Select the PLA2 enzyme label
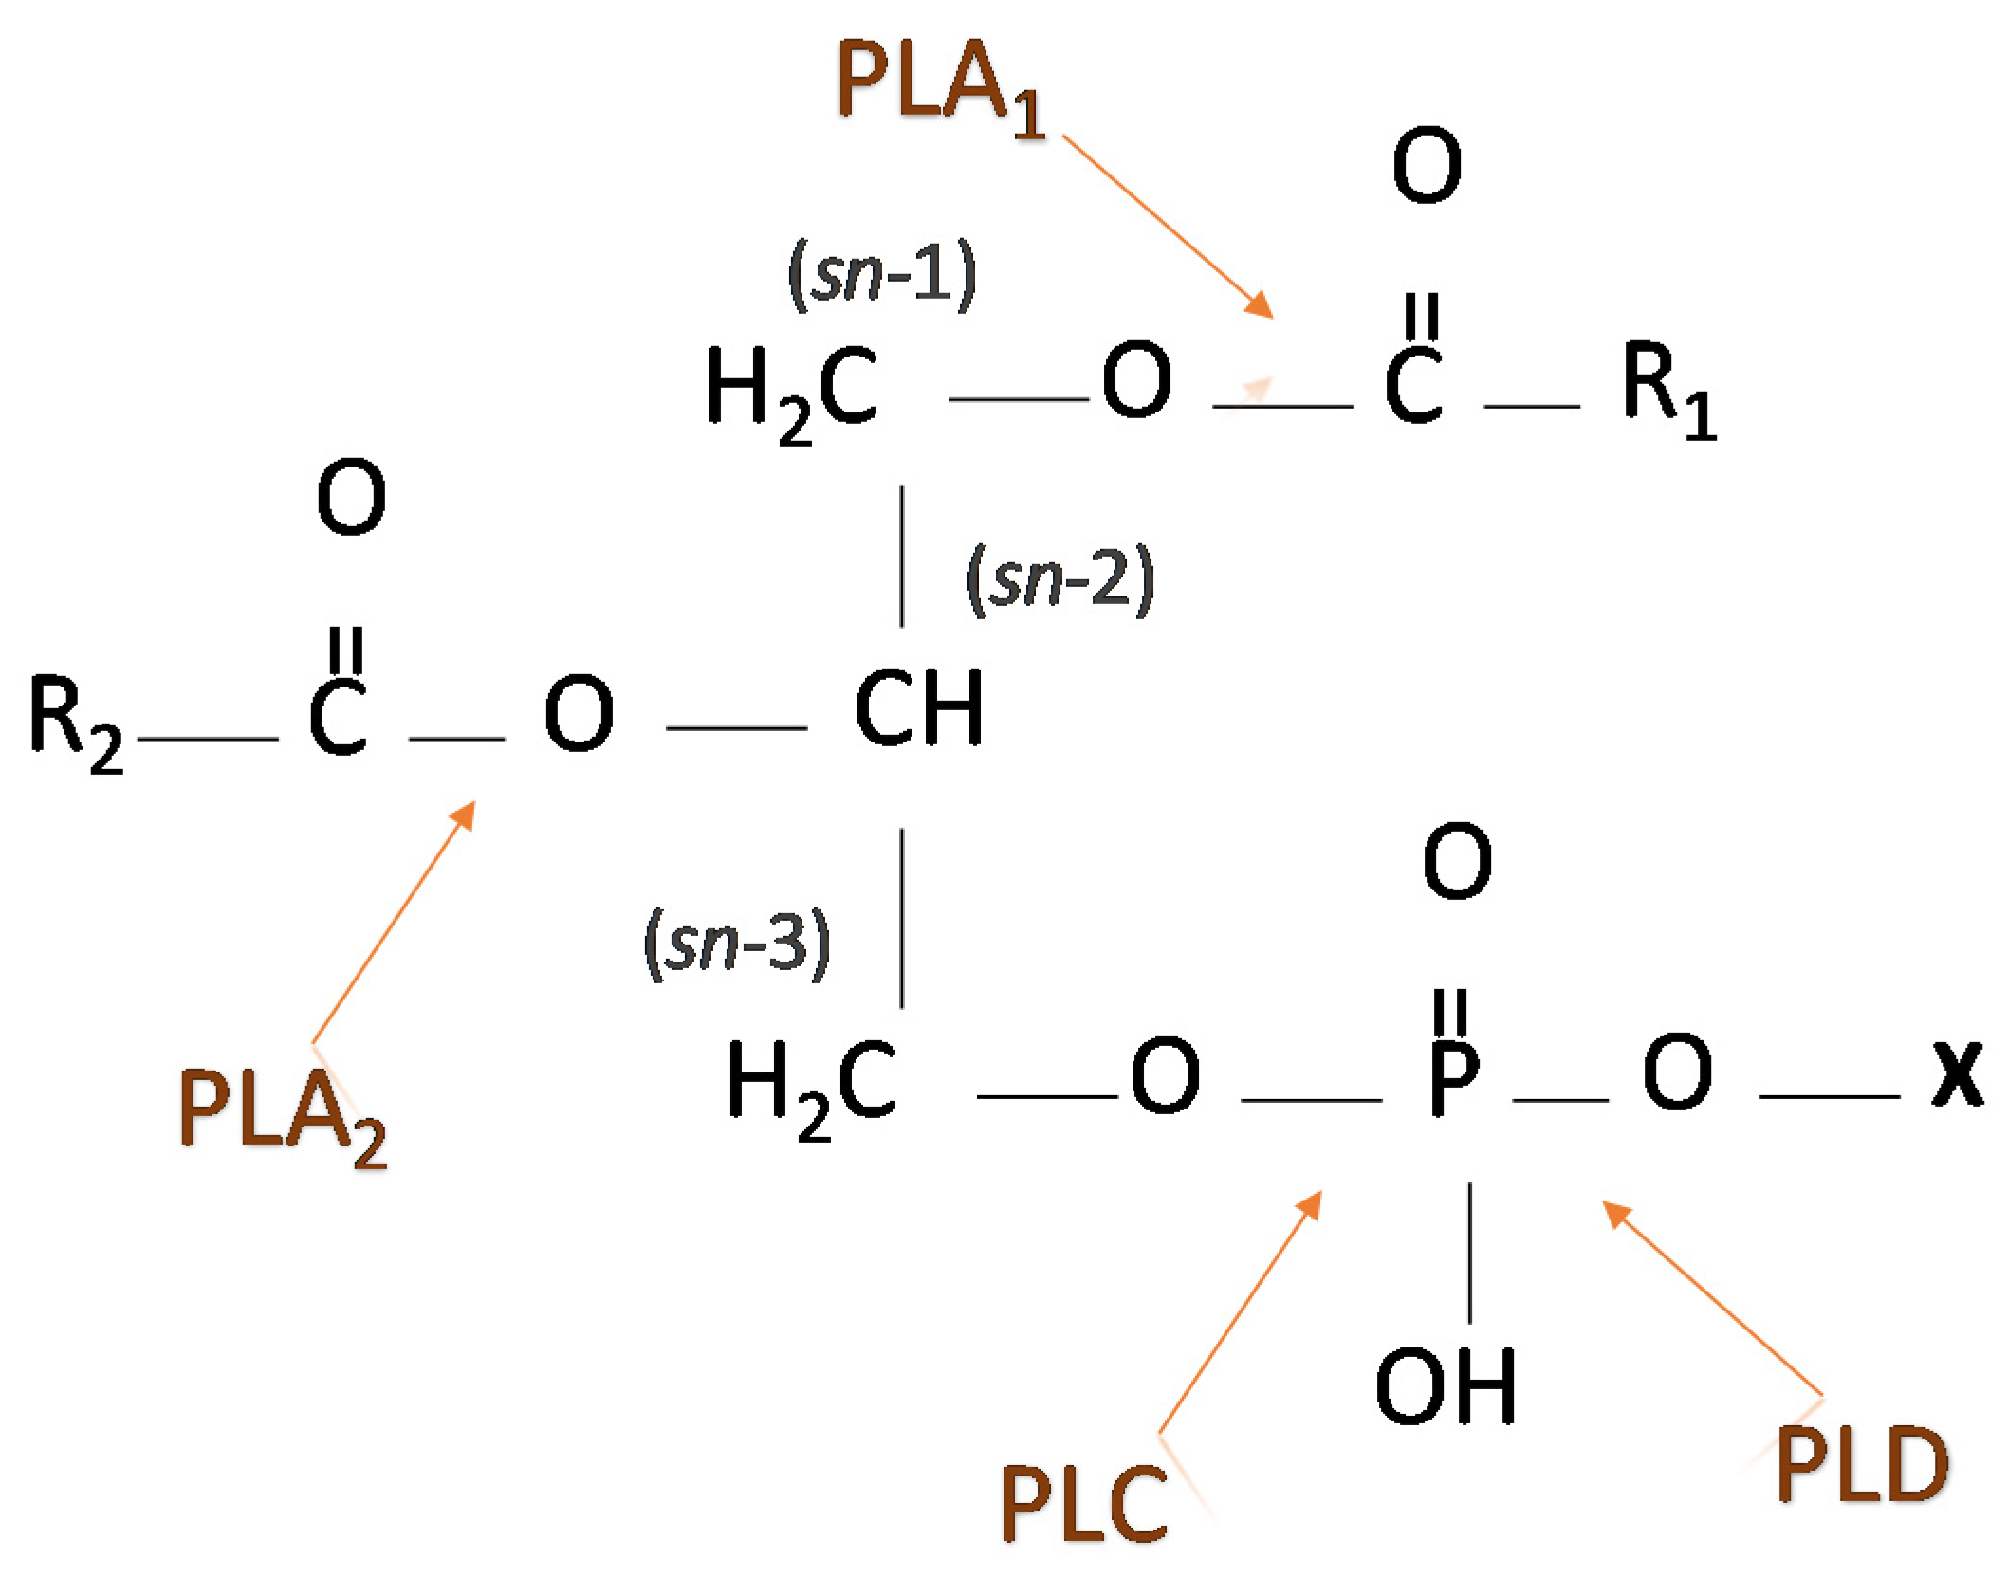282,1114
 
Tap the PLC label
1082,1503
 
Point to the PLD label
1861,1465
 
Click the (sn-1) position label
881,275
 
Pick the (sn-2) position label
1059,579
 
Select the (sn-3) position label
737,943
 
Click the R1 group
1667,389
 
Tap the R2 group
76,721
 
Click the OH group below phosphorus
1445,1387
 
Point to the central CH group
918,707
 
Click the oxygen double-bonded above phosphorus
1457,860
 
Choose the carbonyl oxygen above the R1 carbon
1427,165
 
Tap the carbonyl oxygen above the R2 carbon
351,497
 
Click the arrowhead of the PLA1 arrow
1261,305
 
